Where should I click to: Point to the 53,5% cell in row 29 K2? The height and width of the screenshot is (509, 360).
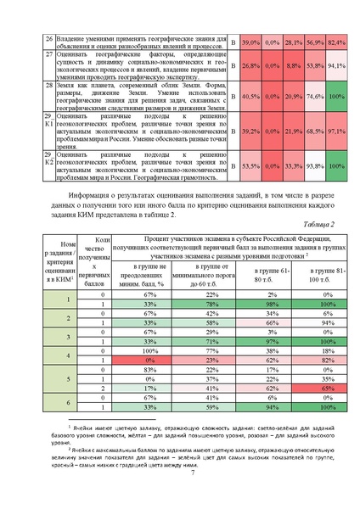pos(250,166)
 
